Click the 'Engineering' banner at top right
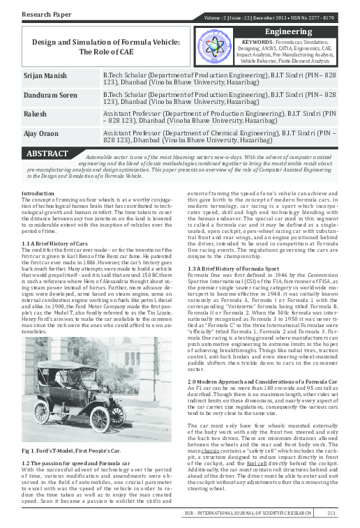pyautogui.click(x=292, y=32)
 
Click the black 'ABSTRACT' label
pyautogui.click(x=47, y=153)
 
